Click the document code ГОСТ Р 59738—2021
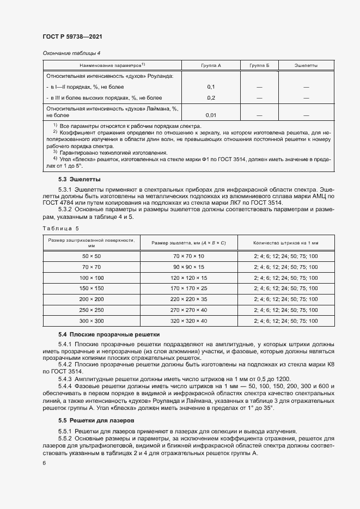(72, 36)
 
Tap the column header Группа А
(211, 65)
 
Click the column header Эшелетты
(306, 65)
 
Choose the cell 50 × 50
(91, 256)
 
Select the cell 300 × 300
(91, 321)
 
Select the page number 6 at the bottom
(44, 463)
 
